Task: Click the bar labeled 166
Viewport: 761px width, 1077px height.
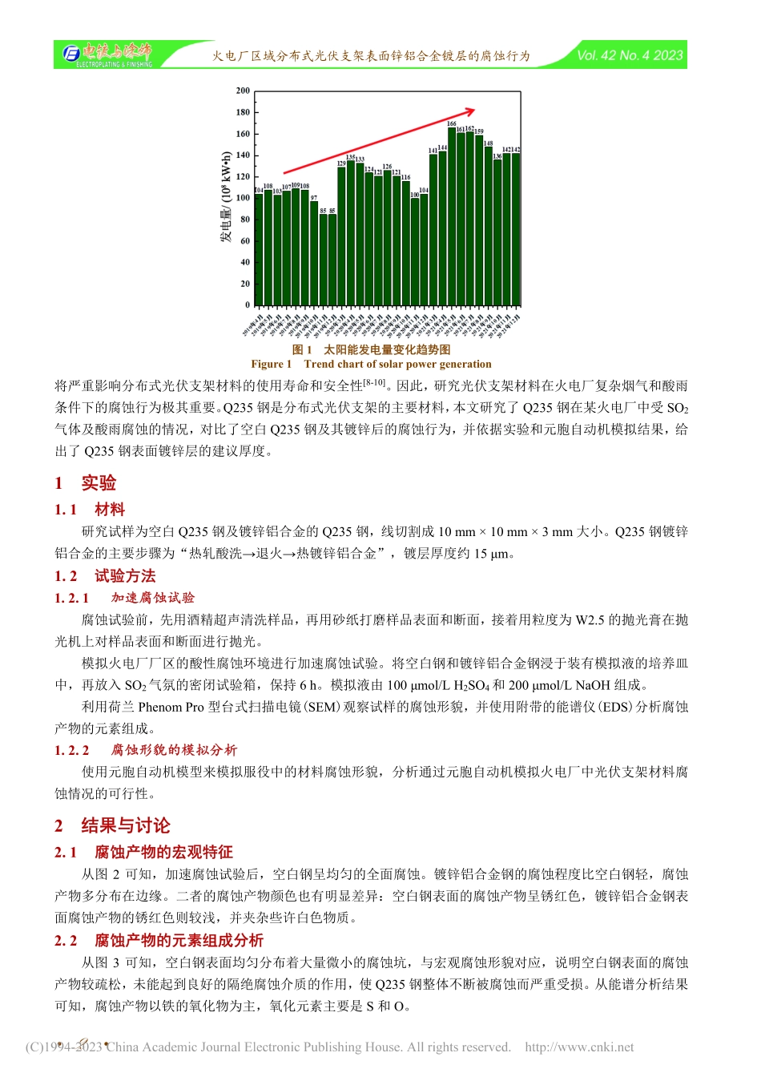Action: click(x=452, y=216)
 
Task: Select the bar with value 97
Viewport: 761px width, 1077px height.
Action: click(x=314, y=252)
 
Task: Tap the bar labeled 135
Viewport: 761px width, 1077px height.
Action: click(x=350, y=232)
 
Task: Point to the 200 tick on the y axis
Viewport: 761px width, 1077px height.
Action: click(x=243, y=91)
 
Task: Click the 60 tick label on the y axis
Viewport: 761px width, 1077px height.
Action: click(x=244, y=240)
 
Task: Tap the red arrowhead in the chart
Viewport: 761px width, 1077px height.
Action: click(x=470, y=111)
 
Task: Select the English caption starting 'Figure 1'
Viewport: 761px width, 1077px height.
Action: click(x=371, y=364)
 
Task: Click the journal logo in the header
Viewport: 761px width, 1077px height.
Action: click(x=107, y=54)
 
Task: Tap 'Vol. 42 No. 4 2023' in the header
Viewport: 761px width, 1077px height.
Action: click(x=630, y=55)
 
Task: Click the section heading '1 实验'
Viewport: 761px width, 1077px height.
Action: click(x=86, y=482)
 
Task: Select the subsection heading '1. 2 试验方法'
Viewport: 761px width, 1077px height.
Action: click(x=105, y=575)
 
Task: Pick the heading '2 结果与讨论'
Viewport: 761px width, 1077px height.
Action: click(x=112, y=825)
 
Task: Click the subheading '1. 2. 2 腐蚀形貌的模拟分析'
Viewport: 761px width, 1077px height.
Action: click(x=146, y=750)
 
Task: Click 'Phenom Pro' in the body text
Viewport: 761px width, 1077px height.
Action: click(x=171, y=707)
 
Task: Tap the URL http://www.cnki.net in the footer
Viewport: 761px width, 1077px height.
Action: click(x=579, y=1047)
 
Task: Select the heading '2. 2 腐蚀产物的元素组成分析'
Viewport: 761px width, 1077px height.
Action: click(x=159, y=940)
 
